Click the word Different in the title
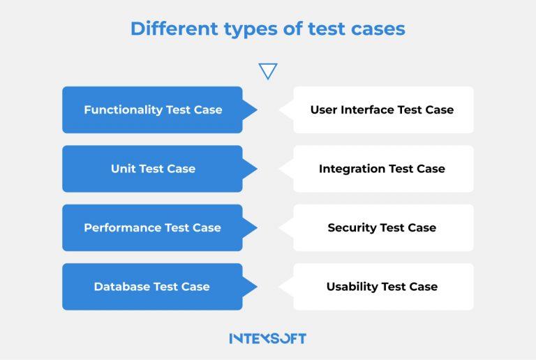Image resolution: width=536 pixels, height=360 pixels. pos(174,29)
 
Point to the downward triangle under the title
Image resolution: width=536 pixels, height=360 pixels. pos(268,70)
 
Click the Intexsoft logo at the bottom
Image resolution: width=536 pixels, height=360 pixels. pos(268,338)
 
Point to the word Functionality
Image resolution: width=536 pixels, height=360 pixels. pos(124,110)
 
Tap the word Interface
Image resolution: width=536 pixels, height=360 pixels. pos(367,110)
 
